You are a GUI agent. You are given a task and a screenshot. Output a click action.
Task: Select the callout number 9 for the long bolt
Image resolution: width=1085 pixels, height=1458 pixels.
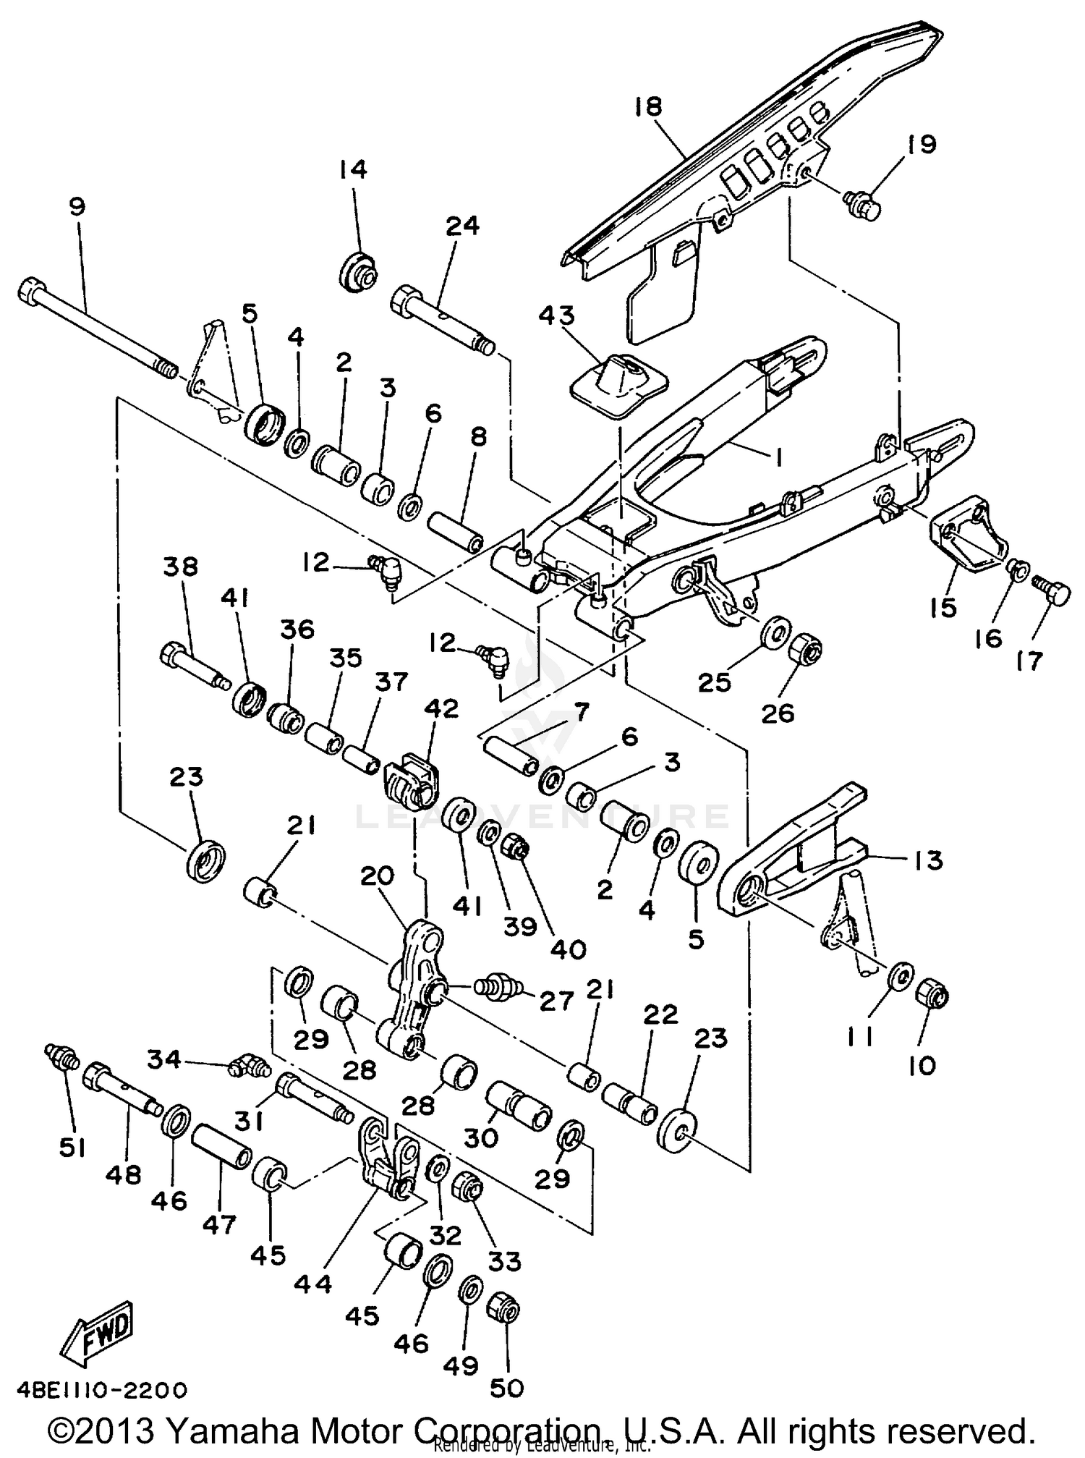[x=77, y=206]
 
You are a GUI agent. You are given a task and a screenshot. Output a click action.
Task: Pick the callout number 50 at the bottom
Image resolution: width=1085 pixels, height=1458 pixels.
[x=506, y=1388]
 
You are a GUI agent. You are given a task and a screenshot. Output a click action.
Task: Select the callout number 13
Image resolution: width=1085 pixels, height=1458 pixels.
[x=928, y=860]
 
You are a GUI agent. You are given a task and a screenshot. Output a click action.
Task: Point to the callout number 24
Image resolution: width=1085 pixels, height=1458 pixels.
[x=461, y=226]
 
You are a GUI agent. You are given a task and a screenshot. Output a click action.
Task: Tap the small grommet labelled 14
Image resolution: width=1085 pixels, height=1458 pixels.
[x=358, y=274]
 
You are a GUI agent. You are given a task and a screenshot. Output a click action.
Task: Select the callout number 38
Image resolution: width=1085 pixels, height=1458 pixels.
[x=180, y=567]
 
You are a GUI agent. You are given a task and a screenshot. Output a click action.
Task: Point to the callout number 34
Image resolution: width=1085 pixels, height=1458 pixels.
[x=164, y=1059]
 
